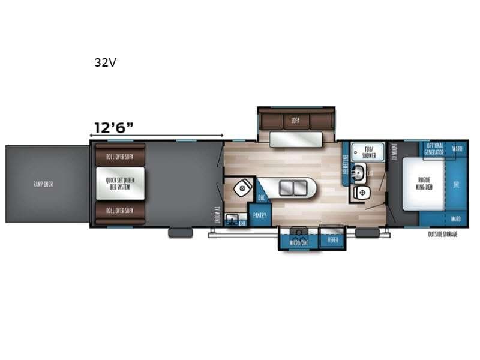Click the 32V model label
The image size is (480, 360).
tap(104, 62)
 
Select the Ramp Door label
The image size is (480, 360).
tap(43, 184)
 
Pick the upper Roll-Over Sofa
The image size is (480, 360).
tap(119, 156)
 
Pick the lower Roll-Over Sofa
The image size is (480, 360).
tap(119, 211)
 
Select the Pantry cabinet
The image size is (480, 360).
tap(259, 214)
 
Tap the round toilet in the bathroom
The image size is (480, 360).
tap(362, 193)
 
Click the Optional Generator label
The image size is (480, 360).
tap(435, 149)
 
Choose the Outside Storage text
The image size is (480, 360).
tap(442, 234)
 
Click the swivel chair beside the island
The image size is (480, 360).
tap(242, 188)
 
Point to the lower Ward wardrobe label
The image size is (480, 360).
tap(457, 218)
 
